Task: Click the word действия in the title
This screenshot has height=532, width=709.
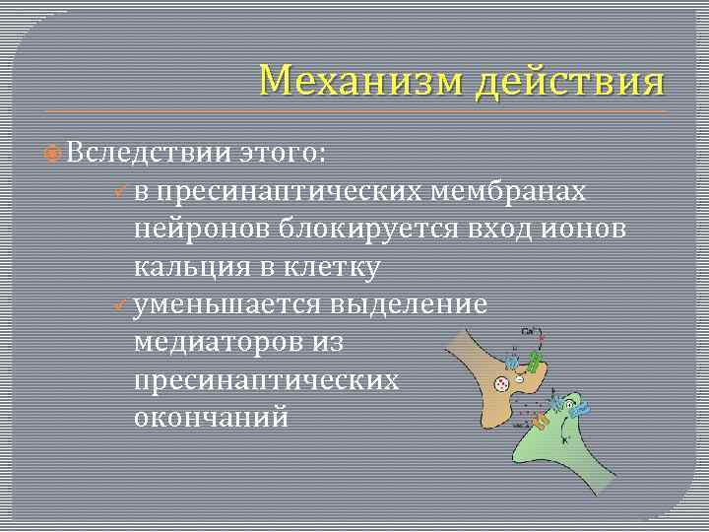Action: click(569, 81)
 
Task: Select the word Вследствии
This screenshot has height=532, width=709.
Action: click(151, 154)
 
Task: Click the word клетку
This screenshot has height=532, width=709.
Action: click(335, 266)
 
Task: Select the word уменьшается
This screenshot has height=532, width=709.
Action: click(227, 303)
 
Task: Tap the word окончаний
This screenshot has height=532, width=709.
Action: click(211, 416)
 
